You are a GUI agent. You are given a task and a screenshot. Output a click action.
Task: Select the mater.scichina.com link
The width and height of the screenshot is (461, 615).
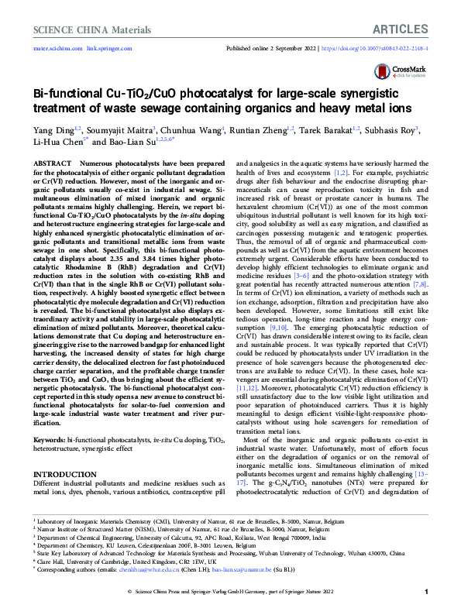pos(58,47)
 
